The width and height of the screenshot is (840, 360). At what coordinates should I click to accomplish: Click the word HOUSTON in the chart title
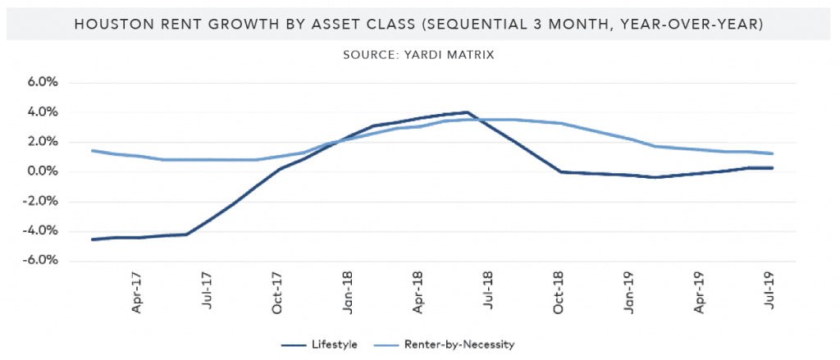pos(115,25)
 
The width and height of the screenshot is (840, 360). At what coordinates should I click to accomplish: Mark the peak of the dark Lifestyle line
pos(466,112)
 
